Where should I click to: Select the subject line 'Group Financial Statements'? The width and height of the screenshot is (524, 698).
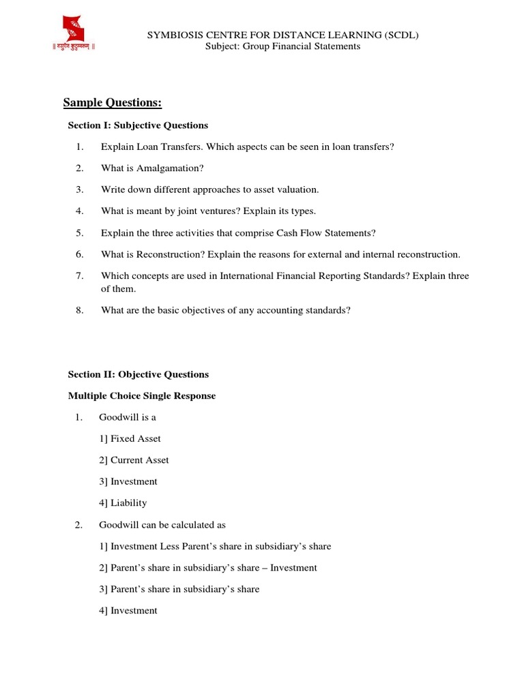coord(302,46)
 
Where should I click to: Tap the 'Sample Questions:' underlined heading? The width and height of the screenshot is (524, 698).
coord(113,103)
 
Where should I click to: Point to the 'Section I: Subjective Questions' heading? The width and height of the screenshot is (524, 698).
coord(138,125)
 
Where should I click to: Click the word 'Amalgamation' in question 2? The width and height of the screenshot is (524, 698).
coord(171,168)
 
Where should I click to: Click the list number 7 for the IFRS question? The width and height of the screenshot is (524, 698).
coord(79,275)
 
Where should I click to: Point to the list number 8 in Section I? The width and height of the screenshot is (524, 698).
coord(79,310)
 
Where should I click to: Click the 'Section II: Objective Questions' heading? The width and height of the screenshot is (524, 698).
coord(139,374)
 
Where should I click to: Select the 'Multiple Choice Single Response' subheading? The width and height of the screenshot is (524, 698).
coord(142,396)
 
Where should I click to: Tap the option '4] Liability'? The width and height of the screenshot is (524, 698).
coord(123,503)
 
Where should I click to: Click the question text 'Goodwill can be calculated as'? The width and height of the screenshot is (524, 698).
coord(162,525)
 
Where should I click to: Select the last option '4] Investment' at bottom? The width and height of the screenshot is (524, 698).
coord(128,611)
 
